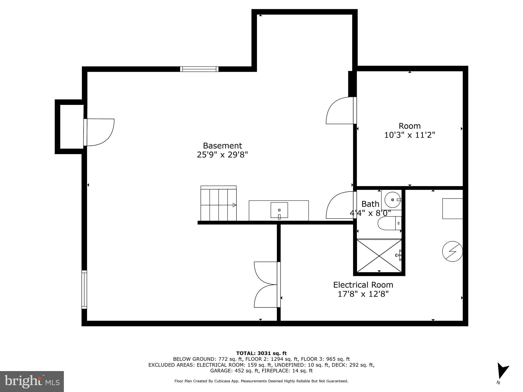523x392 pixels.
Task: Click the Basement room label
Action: [x=222, y=146]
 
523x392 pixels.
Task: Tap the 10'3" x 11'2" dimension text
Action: [x=410, y=135]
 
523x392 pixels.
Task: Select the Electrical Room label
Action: [x=363, y=285]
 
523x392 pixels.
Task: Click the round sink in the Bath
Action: [x=392, y=200]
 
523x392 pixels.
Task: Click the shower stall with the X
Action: [x=379, y=255]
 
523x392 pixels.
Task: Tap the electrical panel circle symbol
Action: [x=452, y=251]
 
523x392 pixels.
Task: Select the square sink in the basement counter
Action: [x=279, y=211]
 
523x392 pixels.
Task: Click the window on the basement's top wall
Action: [x=199, y=69]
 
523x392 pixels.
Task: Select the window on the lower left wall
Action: [x=84, y=289]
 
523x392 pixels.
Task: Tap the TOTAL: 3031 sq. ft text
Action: [x=261, y=353]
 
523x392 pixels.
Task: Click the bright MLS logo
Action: [x=32, y=381]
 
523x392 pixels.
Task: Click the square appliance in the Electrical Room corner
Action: [x=452, y=209]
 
